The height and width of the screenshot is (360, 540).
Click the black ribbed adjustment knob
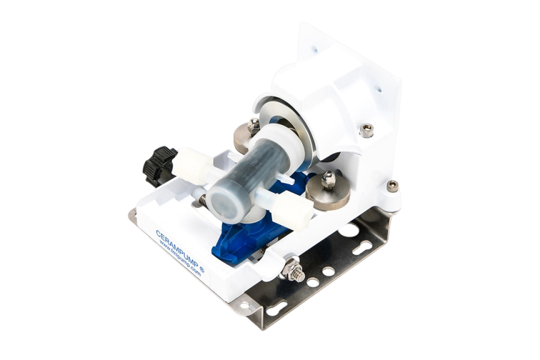pyautogui.click(x=158, y=166)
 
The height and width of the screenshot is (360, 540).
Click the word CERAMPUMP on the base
pyautogui.click(x=176, y=248)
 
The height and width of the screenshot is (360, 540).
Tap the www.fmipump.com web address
pyautogui.click(x=180, y=258)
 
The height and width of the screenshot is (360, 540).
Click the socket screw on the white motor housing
pyautogui.click(x=366, y=130)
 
